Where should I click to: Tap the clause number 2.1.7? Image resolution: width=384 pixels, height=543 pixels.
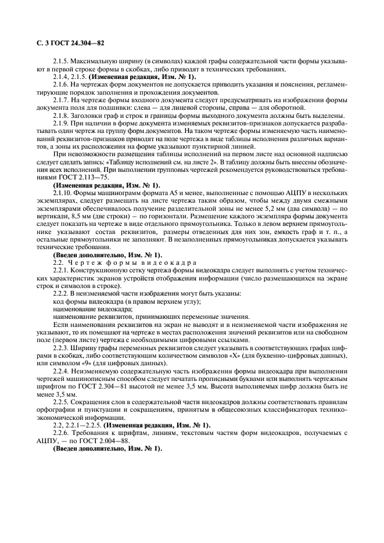pos(62,100)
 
